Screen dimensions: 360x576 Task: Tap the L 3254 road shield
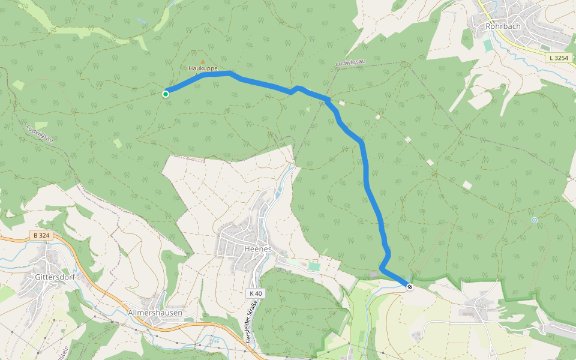click(x=557, y=58)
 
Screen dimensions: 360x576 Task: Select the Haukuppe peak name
click(x=203, y=68)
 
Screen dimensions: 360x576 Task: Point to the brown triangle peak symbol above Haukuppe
click(x=203, y=61)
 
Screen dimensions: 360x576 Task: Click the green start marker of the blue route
click(x=166, y=94)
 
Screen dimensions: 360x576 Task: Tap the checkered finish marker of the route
click(x=410, y=287)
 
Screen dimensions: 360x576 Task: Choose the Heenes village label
click(x=259, y=248)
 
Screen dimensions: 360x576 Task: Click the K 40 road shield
click(x=256, y=293)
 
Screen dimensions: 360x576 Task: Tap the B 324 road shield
click(x=41, y=236)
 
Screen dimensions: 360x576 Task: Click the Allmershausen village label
click(x=155, y=313)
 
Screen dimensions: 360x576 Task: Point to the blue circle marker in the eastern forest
click(x=535, y=220)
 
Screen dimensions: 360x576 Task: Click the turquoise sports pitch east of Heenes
click(x=314, y=266)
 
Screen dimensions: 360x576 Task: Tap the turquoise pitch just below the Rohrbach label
click(x=487, y=45)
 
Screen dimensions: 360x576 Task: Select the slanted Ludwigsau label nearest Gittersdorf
click(x=40, y=133)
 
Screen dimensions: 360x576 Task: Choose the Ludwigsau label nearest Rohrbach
click(x=350, y=62)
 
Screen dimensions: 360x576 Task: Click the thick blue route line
click(x=366, y=180)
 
